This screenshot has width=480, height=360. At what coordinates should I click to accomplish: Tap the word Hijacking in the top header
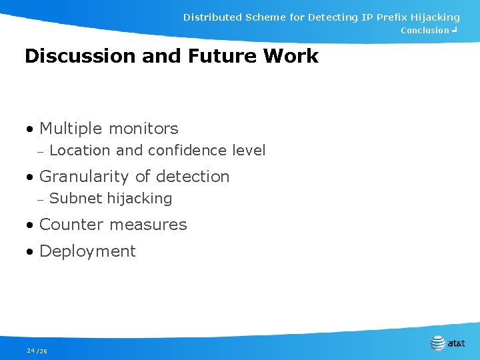[430, 17]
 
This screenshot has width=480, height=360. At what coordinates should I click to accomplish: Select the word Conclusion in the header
[425, 31]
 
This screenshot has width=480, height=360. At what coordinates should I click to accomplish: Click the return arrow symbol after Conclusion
[455, 30]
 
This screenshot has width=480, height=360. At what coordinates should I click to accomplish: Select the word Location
[75, 151]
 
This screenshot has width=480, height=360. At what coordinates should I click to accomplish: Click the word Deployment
[87, 251]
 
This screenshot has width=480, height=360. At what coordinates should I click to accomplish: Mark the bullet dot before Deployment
[30, 253]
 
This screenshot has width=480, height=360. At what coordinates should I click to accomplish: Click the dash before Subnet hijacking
[40, 199]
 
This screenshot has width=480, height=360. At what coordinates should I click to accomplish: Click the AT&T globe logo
[438, 343]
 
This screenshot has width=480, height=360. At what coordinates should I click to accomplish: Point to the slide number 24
[31, 351]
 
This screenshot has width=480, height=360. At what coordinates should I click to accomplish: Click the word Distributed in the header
[212, 17]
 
